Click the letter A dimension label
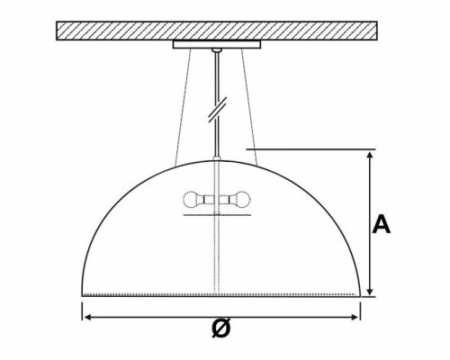tap(382, 224)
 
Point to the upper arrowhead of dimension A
tap(369, 156)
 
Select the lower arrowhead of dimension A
tap(369, 291)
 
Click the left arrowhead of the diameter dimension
tap(87, 315)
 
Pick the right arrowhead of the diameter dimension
tap(356, 315)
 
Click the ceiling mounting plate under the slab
tap(216, 44)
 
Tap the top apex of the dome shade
tap(216, 161)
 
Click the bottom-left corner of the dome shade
tap(84, 294)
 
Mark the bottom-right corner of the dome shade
tap(360, 294)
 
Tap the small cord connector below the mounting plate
tap(216, 53)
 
